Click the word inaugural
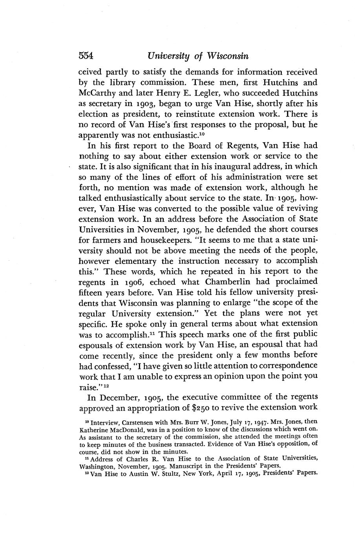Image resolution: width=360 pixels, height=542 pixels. click(228, 166)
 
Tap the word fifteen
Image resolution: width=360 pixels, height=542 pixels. click(93, 293)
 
